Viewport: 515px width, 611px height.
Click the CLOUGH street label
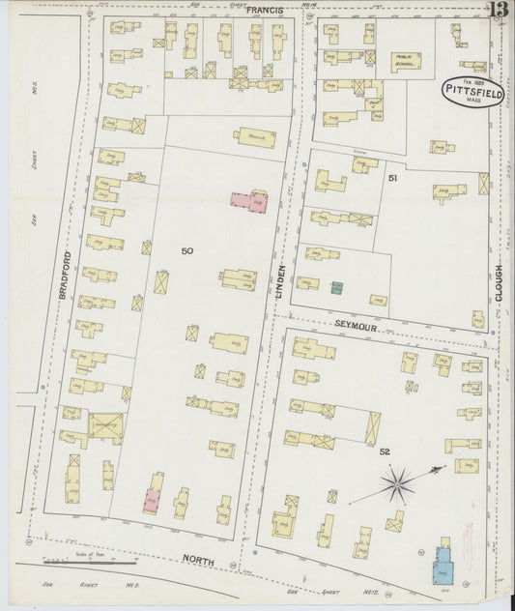(x=500, y=283)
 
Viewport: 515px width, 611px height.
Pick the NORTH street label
(x=197, y=560)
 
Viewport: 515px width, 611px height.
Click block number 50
(x=186, y=251)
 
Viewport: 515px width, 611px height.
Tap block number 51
(x=392, y=179)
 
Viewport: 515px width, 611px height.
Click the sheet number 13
(x=499, y=12)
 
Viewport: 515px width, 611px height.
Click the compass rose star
(x=396, y=482)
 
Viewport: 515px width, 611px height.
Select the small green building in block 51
(x=335, y=287)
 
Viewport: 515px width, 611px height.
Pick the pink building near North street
(x=152, y=500)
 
